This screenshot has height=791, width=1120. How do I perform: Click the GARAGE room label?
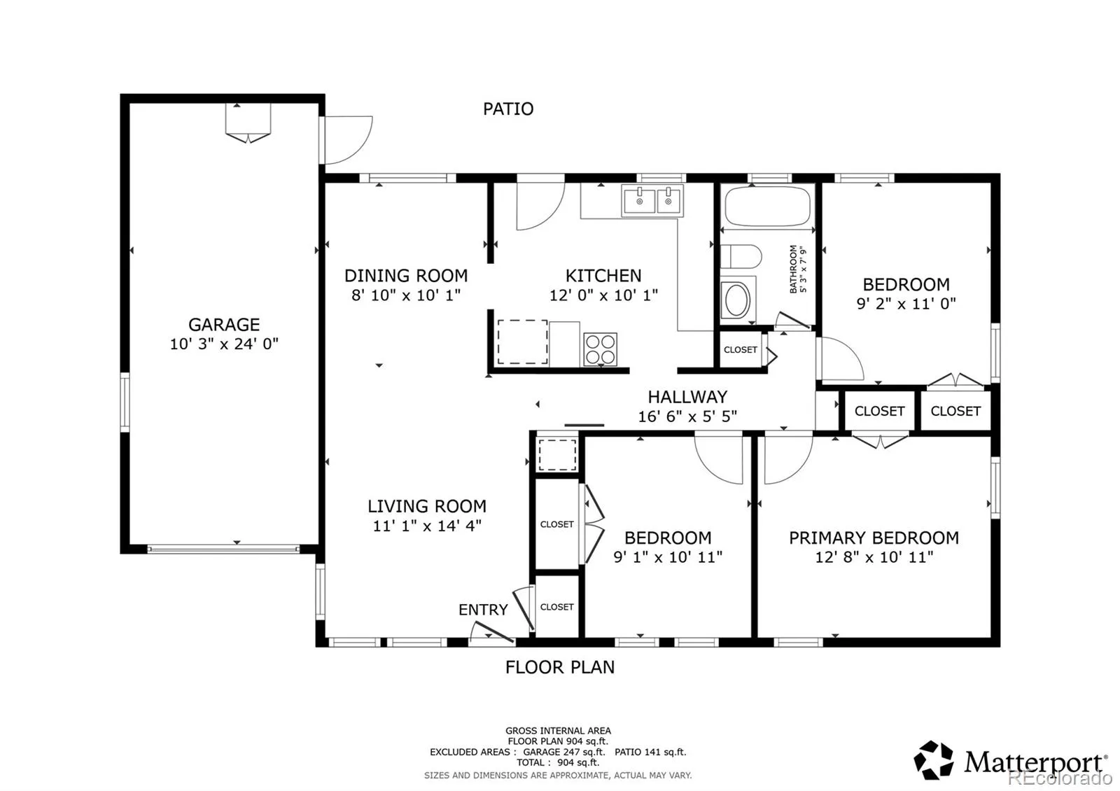(x=224, y=325)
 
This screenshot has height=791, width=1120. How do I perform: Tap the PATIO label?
(x=508, y=109)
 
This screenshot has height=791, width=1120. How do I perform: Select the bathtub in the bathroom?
(x=767, y=206)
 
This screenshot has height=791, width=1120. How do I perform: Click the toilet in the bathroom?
(x=741, y=256)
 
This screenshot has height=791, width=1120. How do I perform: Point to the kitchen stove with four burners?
(x=600, y=349)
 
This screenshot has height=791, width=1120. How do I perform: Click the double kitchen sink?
(x=652, y=200)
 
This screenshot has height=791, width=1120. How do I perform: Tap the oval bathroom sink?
(x=737, y=300)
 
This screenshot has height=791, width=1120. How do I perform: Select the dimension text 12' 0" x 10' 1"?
(x=603, y=295)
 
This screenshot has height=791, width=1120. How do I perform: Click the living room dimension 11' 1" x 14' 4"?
(x=427, y=526)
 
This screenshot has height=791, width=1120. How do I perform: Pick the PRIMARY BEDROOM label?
(x=874, y=538)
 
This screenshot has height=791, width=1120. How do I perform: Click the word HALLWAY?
(x=687, y=397)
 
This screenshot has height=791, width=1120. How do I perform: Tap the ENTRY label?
(x=483, y=610)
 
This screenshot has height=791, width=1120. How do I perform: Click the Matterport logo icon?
(x=933, y=759)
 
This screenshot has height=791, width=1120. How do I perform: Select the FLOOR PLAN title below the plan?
(x=559, y=668)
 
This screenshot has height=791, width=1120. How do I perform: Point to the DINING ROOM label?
(x=406, y=276)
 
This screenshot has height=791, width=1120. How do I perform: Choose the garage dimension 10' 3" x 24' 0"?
(x=224, y=344)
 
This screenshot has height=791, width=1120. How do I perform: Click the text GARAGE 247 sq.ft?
(x=564, y=752)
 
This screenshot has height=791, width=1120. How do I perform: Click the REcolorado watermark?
(x=1060, y=778)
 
